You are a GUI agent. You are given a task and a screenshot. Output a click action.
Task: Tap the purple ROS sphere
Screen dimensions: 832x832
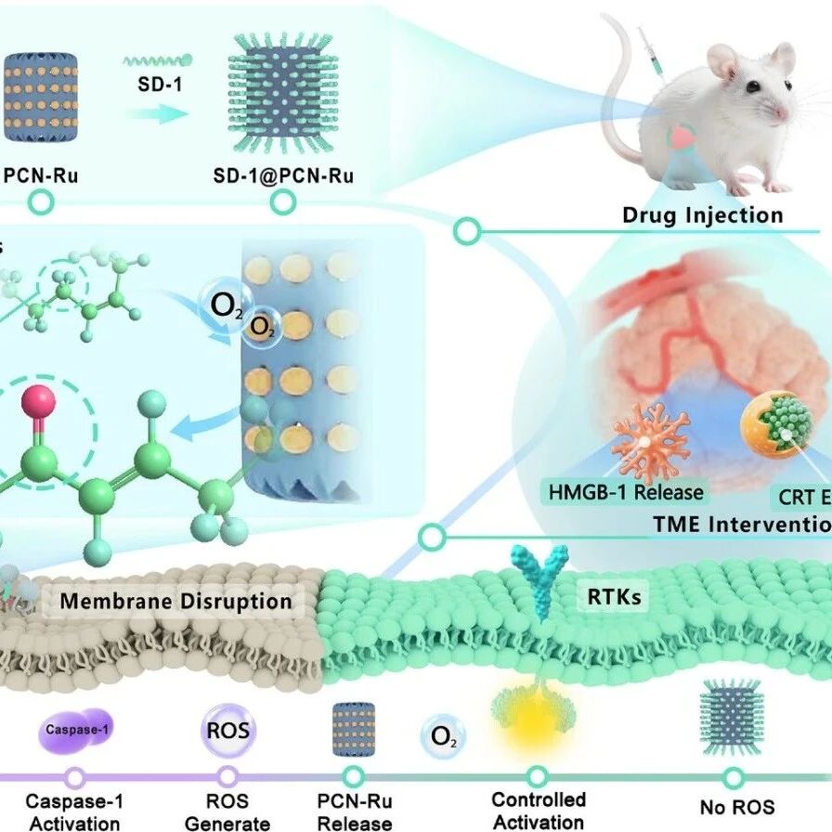coord(228,729)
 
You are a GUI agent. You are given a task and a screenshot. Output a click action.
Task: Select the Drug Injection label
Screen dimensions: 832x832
coord(703,215)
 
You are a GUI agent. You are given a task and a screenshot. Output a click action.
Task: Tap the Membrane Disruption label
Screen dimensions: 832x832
coord(175,602)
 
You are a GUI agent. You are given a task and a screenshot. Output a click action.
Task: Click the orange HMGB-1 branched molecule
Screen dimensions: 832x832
coord(651,440)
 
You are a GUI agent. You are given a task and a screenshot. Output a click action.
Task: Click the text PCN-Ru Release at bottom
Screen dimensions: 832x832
coord(353,811)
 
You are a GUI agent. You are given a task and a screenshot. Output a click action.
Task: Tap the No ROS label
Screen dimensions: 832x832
coord(735,808)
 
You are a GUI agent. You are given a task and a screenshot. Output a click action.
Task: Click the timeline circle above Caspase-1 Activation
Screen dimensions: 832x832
coord(75,778)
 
